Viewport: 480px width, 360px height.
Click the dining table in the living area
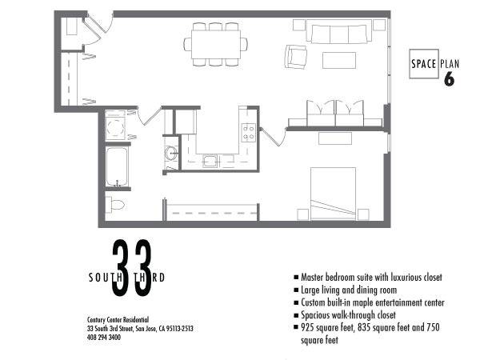tap(216, 44)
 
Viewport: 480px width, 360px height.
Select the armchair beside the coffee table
tap(296, 57)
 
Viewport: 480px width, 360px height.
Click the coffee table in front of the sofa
tap(339, 60)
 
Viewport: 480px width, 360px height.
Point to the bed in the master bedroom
tap(333, 193)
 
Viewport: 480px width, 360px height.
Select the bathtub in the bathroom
tap(117, 167)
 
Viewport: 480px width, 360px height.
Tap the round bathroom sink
tap(170, 153)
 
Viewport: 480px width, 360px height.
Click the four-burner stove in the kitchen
tap(248, 132)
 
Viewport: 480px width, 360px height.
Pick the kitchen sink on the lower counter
tap(210, 161)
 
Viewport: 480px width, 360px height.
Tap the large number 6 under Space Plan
tap(450, 79)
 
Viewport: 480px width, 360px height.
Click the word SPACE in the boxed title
tap(424, 64)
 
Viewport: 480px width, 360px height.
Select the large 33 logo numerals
tap(132, 268)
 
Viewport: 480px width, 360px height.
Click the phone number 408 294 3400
tap(104, 338)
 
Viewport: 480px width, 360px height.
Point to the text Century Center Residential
tap(118, 320)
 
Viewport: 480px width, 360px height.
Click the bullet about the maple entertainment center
tap(369, 302)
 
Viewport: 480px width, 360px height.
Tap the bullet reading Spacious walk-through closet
tap(345, 315)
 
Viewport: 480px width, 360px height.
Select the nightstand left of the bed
tap(302, 214)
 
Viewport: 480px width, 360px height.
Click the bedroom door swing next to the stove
tap(274, 136)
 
